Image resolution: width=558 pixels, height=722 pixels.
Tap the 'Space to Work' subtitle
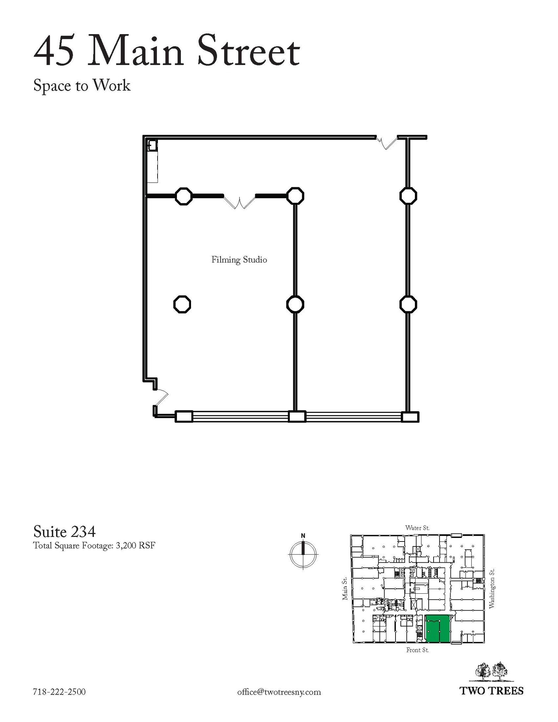[x=82, y=86]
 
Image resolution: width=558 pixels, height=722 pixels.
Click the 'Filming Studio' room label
[x=239, y=260]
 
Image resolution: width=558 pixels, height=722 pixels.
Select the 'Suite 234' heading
[x=65, y=531]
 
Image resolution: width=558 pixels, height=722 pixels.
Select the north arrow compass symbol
[x=303, y=553]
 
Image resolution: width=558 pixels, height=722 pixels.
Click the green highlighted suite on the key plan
[x=438, y=629]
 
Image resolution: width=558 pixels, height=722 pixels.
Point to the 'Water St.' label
[x=417, y=528]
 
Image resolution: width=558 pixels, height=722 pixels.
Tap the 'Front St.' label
[x=417, y=650]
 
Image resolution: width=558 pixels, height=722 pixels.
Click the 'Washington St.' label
[x=492, y=588]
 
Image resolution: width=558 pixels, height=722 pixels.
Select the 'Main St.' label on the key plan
[x=345, y=588]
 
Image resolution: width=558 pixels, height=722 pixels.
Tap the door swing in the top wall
[x=386, y=142]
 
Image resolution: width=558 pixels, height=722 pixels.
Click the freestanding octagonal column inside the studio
[x=182, y=304]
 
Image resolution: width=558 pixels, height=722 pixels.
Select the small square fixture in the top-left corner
[x=152, y=145]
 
